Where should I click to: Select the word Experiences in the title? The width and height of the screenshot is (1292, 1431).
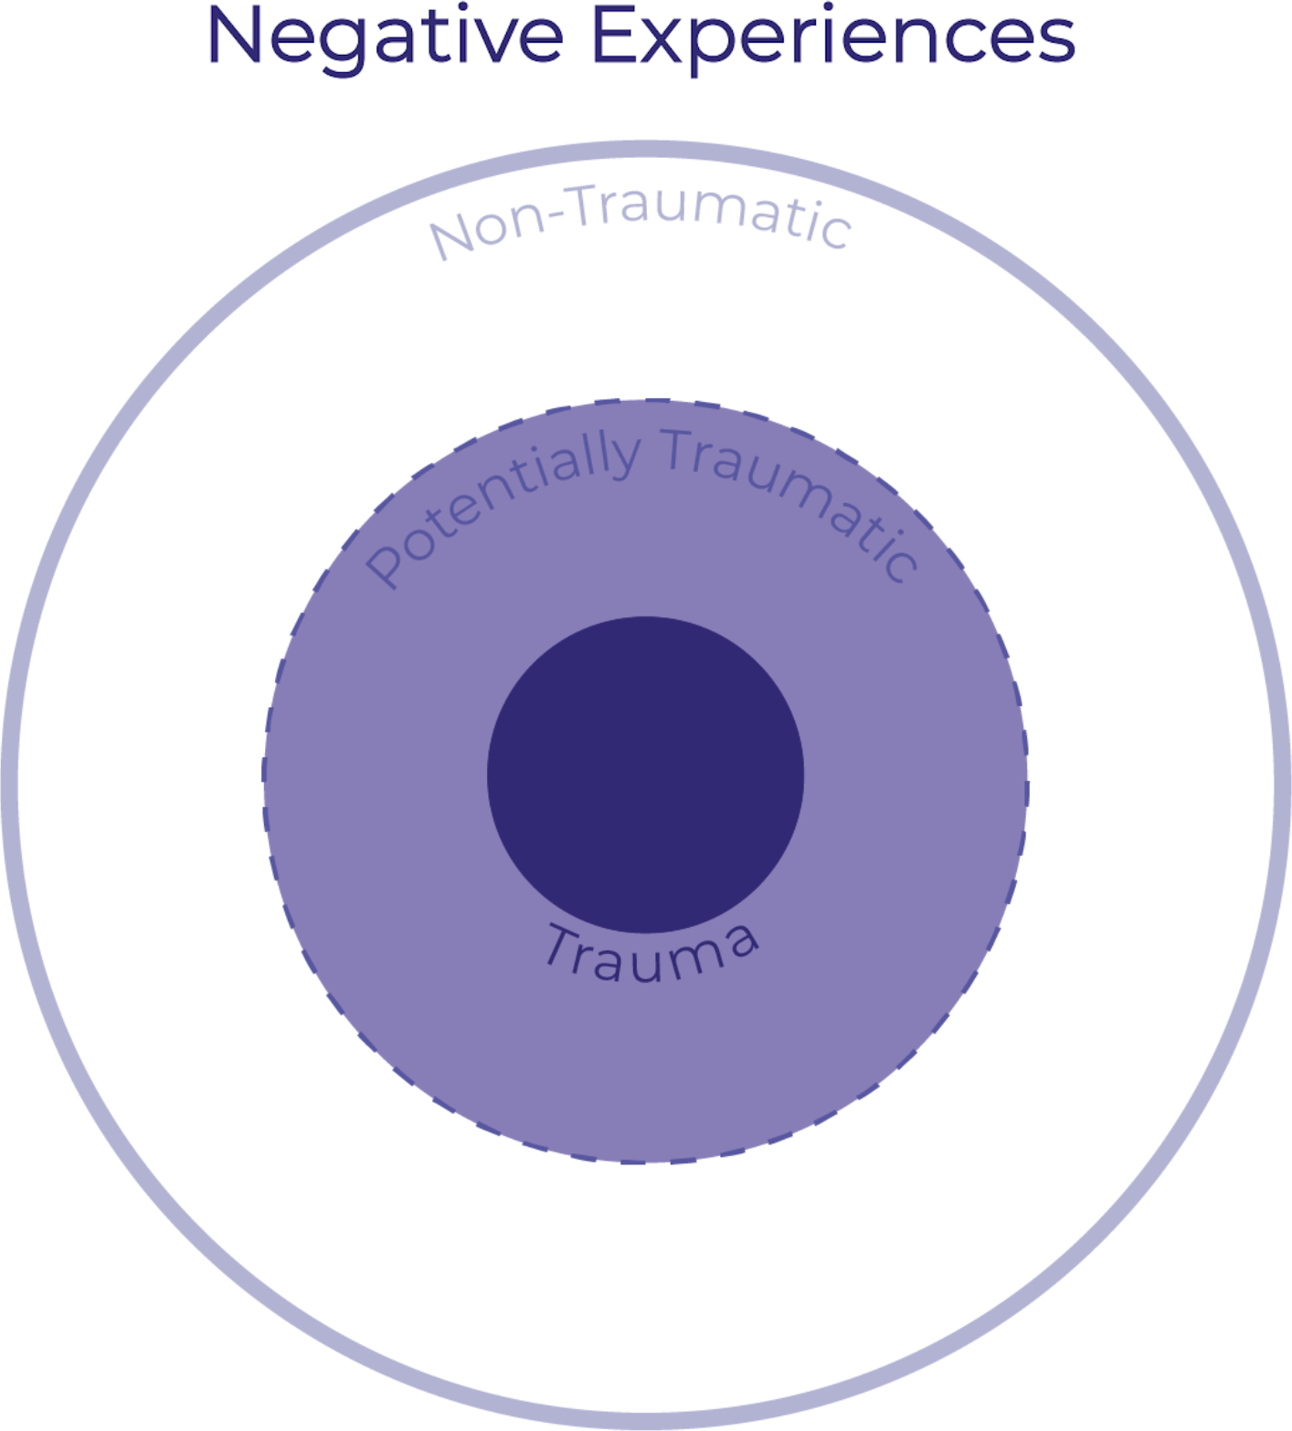pos(833,37)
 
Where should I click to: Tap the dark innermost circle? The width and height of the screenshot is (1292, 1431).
pos(645,774)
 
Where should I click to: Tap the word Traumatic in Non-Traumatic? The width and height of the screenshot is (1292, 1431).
pos(709,214)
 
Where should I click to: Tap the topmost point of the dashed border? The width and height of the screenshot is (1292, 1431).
pos(646,400)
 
